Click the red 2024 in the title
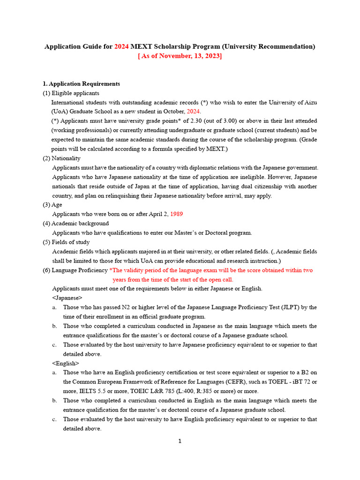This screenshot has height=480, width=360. (x=121, y=46)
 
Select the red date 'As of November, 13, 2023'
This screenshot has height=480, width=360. (x=180, y=56)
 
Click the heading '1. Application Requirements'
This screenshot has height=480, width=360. (x=81, y=83)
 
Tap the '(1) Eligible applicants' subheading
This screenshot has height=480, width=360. (x=71, y=93)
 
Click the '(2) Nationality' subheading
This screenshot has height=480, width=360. (x=61, y=158)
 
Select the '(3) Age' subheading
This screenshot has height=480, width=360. (x=52, y=205)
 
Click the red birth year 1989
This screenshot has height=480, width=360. (x=176, y=214)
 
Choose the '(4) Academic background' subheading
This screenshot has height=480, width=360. (x=75, y=224)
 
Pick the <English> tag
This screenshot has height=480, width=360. (x=66, y=363)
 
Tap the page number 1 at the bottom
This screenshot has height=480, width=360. (x=180, y=441)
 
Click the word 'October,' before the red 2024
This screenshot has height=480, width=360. (x=174, y=112)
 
